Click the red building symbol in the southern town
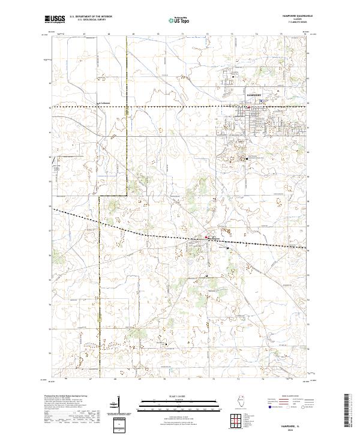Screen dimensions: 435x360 click(x=207, y=238)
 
